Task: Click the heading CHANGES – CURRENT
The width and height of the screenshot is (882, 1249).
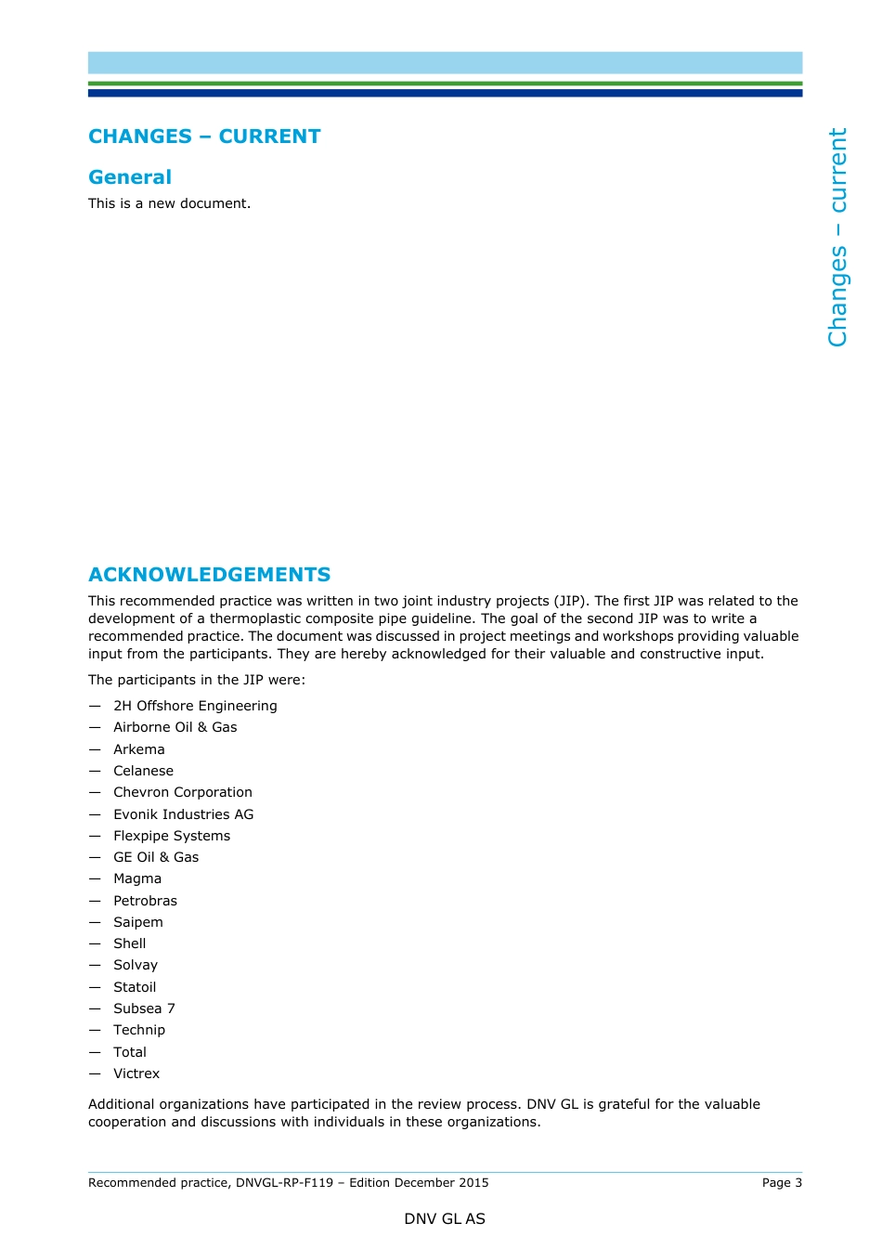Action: point(204,137)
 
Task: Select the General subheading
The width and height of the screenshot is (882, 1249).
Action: point(130,177)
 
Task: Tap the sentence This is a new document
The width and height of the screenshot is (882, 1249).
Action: point(169,203)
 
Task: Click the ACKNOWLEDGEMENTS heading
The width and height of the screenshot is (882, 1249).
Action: point(210,575)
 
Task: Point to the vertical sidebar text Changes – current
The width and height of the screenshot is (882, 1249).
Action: point(837,238)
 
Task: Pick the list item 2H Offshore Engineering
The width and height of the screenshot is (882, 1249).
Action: point(195,706)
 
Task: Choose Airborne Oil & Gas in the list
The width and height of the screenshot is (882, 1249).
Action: point(175,727)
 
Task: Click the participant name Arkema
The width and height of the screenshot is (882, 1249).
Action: point(139,749)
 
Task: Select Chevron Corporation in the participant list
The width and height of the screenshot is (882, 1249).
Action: point(183,792)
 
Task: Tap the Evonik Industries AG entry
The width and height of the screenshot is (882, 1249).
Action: point(184,814)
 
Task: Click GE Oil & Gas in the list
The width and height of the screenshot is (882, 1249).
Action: point(156,857)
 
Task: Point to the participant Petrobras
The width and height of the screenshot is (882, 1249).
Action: point(145,901)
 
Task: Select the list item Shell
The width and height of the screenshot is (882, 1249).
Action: point(130,943)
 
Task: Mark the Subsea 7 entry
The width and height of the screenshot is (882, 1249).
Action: point(144,1008)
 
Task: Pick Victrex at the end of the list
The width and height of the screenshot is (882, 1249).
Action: point(136,1073)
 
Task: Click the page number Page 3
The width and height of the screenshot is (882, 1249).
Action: point(782,1182)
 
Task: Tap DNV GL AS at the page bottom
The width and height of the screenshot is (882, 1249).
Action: point(445,1219)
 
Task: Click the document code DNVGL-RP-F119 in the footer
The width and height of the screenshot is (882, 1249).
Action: point(284,1182)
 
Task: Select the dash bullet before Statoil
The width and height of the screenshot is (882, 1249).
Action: point(95,987)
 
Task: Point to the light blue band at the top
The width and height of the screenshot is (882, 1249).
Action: point(445,62)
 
